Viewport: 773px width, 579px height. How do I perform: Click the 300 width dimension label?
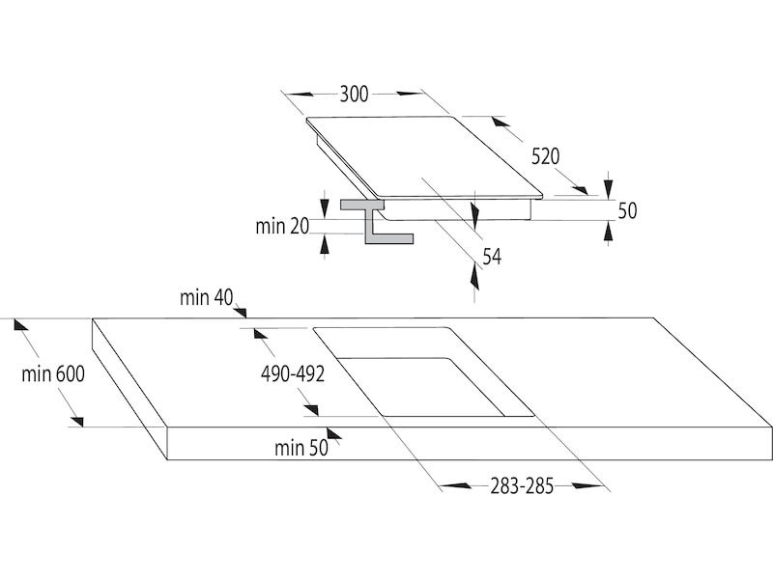tap(355, 95)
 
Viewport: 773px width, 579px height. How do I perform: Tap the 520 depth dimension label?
tap(545, 156)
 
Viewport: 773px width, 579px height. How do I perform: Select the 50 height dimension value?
tap(627, 210)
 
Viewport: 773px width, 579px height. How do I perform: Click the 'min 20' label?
tap(283, 227)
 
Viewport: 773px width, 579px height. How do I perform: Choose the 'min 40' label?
tap(207, 298)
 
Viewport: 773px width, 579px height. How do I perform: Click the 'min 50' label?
tap(301, 447)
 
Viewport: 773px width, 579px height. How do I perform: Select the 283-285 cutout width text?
tap(522, 485)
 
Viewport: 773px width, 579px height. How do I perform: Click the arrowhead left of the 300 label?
tap(301, 95)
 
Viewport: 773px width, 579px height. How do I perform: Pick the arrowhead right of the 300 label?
tap(410, 95)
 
